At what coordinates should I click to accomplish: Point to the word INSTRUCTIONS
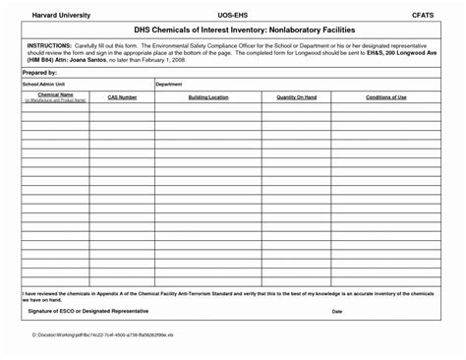pos(48,46)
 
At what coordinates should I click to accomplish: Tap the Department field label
pos(169,85)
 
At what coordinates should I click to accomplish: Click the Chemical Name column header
pos(55,95)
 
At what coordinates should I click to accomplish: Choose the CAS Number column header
pos(122,97)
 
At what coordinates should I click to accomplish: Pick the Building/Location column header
pos(207,97)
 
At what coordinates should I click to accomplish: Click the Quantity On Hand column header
pos(296,97)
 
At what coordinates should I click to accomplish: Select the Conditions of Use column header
pos(386,97)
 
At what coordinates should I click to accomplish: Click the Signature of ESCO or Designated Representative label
pos(88,311)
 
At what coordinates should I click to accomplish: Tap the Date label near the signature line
pos(337,311)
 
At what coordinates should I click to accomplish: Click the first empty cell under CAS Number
pos(122,109)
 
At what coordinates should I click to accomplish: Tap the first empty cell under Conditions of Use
pos(386,109)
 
